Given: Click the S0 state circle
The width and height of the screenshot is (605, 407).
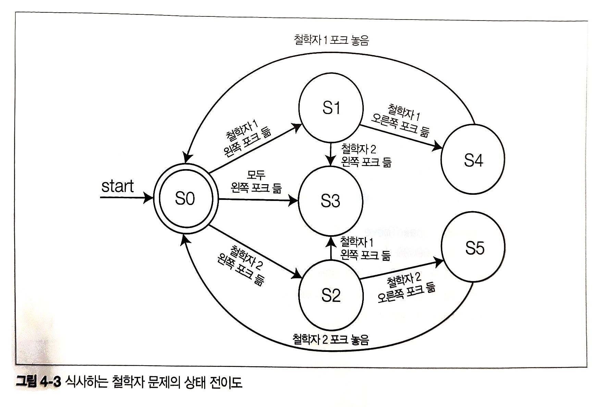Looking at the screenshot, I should point(185,199).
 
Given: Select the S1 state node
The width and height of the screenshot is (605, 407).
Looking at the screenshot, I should point(331,108).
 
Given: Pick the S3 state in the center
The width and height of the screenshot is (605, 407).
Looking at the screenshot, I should point(331,201).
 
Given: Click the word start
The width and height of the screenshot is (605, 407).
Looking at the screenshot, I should point(118,186).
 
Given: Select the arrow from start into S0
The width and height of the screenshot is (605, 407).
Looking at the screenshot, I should point(127,198).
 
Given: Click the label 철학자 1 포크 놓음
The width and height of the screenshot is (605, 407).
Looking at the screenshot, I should point(331,40).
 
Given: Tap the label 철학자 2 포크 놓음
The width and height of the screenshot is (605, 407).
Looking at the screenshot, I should point(331,340).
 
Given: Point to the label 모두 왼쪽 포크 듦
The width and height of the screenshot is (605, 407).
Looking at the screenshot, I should point(256,182).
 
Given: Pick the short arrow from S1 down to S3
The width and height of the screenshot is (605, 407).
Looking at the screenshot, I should point(331,154).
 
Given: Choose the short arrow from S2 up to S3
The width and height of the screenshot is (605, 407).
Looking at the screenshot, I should point(331,248).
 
